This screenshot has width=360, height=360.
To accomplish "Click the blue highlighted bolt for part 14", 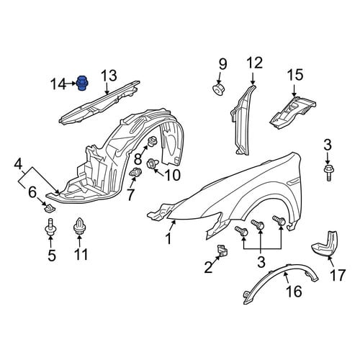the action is coord(82,84).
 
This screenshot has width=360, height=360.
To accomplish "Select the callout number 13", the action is coord(109,76).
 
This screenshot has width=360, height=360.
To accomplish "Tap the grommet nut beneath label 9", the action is coord(218,89).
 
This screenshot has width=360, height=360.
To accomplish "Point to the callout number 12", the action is coord(255,63).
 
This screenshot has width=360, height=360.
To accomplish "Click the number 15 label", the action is coord(295,75).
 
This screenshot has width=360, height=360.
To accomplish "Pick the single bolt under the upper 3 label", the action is coord(328,172).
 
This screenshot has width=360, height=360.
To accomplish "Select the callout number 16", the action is coord(294,291).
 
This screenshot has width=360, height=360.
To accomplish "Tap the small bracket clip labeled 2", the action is coord(222,251).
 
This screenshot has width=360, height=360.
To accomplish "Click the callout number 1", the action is coord(169,238).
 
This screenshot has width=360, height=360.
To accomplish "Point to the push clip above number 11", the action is coord(80,227).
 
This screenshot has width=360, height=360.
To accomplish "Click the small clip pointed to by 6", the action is coord(50,208).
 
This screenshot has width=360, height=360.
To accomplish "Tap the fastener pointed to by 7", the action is coord(135,173).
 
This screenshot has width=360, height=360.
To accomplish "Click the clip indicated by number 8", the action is coord(152,141).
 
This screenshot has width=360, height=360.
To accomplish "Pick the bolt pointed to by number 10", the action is coord(152,164).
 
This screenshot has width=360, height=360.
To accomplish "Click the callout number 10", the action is coord(172,175).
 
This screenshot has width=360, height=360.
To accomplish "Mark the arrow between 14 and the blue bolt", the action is coord(71,84).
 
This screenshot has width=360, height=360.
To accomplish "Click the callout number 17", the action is coord(338,275).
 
